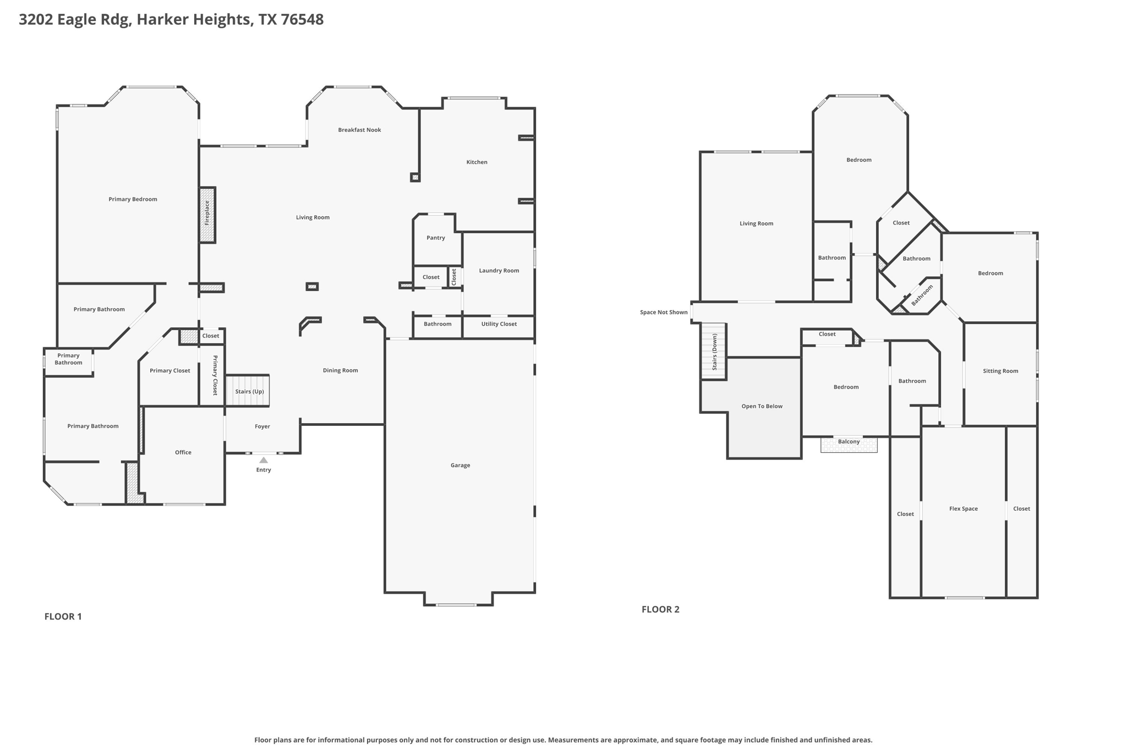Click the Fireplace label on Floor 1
coord(207,213)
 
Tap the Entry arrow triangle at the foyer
coord(264,460)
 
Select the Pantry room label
coord(436,238)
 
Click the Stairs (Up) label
coord(249,392)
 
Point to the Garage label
coord(460,465)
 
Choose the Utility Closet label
coord(499,324)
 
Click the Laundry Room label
coord(499,271)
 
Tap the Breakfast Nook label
coord(359,130)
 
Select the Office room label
coord(183,452)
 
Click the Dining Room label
coord(340,370)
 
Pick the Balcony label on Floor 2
coord(849,442)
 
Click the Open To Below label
coord(762,407)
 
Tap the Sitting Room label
coord(1000,371)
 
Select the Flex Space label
coord(963,509)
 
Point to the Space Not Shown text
coord(663,313)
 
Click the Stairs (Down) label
coord(714,352)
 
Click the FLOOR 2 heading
coord(660,610)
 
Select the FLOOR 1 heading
coord(63,617)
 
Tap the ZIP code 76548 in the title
coord(302,20)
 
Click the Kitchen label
coord(477,162)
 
